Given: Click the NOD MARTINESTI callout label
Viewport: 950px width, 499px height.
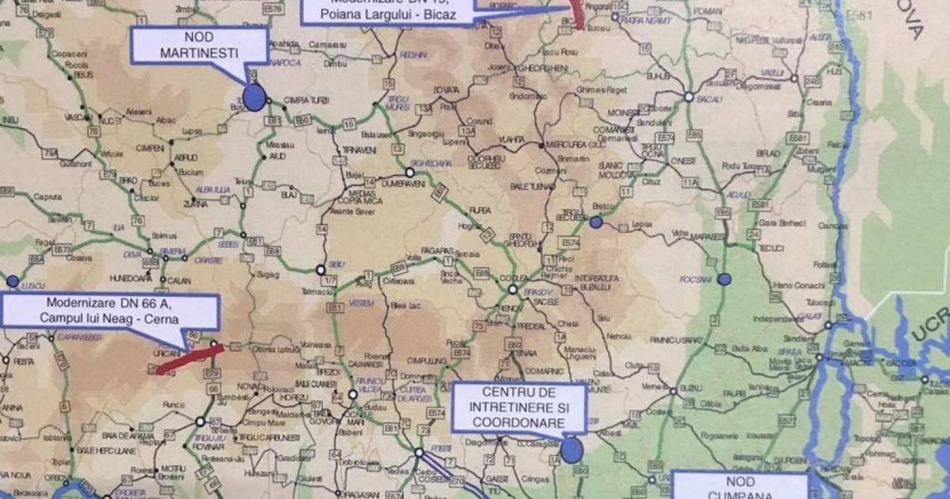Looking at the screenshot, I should click(199, 47).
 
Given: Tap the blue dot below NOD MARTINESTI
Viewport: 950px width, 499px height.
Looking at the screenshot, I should click(253, 97).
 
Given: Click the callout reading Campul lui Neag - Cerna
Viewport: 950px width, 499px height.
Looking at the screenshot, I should click(110, 310).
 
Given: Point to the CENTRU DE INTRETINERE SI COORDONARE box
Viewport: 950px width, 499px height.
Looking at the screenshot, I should click(519, 408).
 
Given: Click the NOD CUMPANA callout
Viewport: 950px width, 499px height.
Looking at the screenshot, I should click(739, 485).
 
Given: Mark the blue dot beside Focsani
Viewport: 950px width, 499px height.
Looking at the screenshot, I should click(724, 280).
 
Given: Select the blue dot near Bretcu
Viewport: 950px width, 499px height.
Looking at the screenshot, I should click(596, 223).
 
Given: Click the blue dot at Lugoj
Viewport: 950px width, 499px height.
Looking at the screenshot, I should click(13, 280).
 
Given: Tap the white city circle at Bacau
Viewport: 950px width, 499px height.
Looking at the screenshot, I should click(689, 97).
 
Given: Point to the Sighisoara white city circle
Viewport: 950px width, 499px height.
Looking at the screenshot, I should click(410, 172).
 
